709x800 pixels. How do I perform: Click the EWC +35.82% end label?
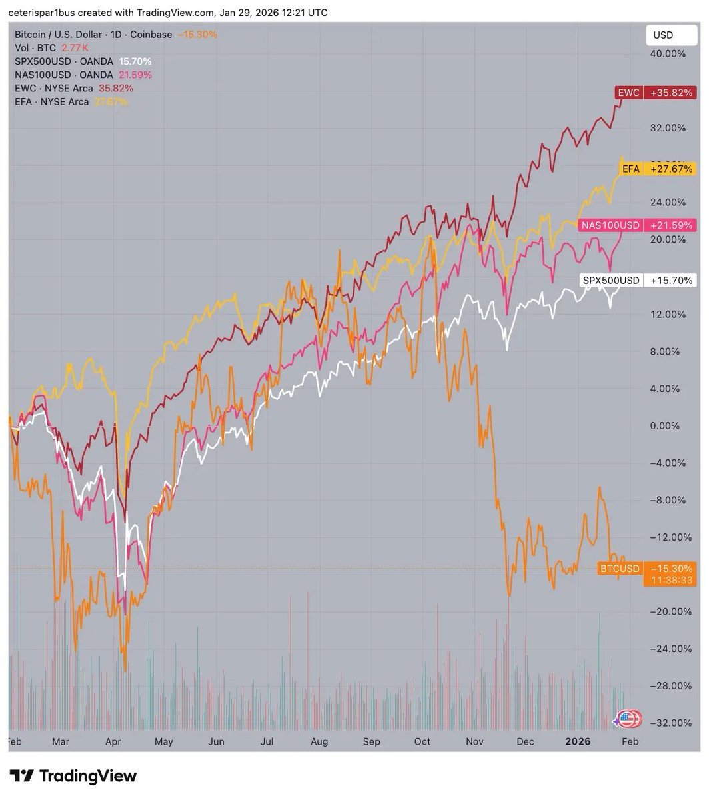tap(654, 93)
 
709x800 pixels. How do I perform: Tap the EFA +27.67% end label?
tap(657, 169)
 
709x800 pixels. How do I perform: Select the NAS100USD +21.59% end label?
tap(636, 225)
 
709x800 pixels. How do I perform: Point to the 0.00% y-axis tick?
tap(668, 425)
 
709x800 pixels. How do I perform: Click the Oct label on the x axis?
tap(422, 741)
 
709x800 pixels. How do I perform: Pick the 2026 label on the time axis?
tap(577, 741)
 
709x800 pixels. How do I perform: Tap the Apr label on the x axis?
tap(113, 741)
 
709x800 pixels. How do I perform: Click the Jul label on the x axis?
tap(267, 741)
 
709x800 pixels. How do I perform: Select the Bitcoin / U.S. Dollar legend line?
tap(93, 35)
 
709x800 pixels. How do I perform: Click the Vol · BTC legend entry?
tap(35, 48)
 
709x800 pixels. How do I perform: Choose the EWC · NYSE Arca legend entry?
tap(53, 88)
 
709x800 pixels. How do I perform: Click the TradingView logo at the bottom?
tap(73, 776)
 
